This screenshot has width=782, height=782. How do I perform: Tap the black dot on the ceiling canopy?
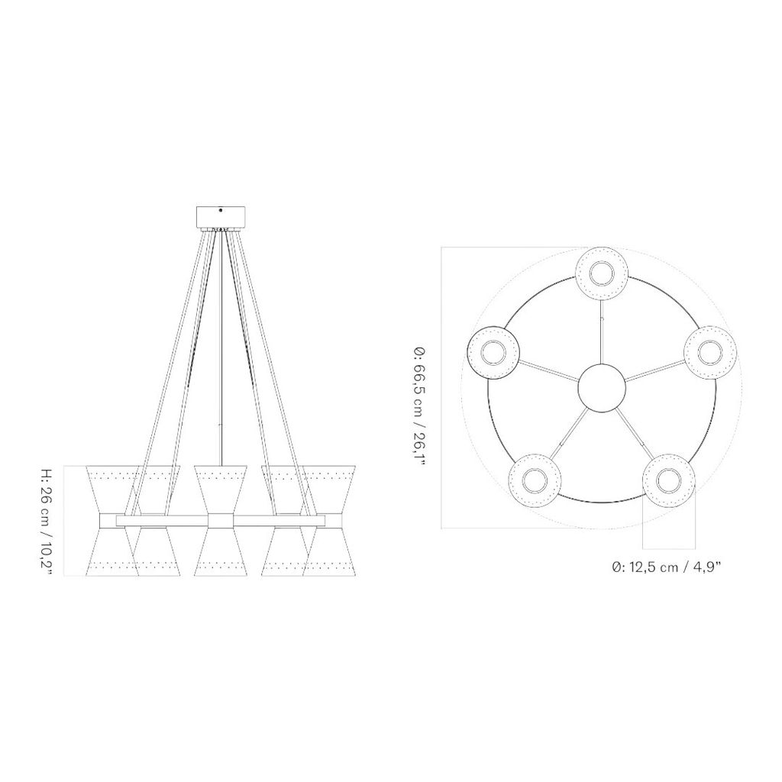(221, 211)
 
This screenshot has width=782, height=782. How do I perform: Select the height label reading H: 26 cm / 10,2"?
(47, 520)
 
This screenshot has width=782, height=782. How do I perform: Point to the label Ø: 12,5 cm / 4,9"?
(667, 567)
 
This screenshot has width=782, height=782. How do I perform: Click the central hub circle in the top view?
(602, 389)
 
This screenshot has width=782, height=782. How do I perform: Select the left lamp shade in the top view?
(494, 352)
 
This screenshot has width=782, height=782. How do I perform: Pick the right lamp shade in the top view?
(710, 353)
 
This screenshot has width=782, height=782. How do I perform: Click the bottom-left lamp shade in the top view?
(535, 480)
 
